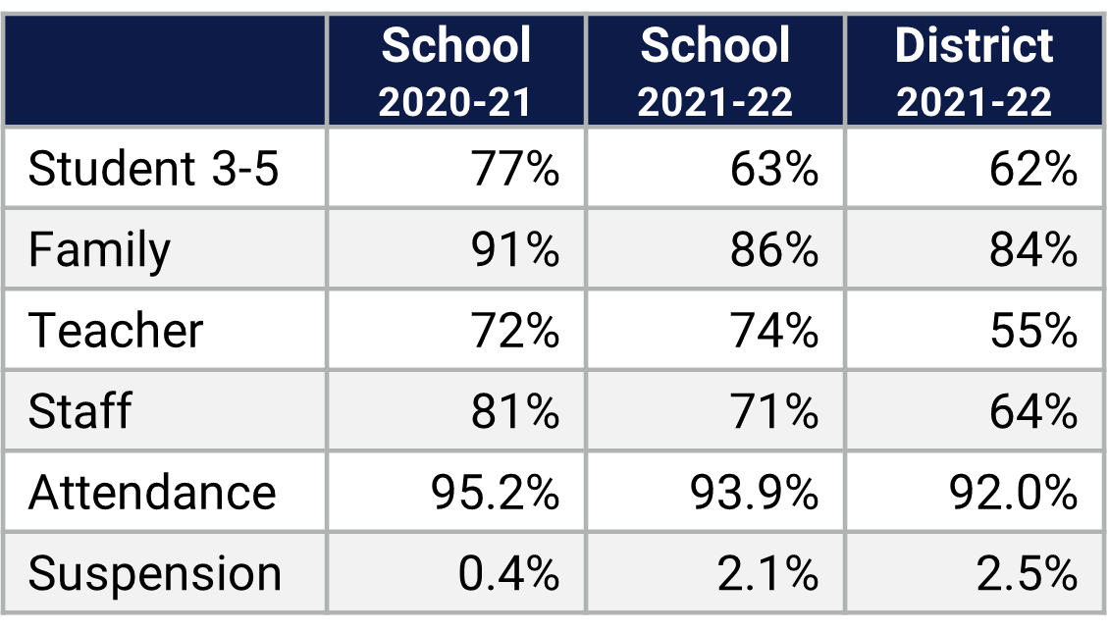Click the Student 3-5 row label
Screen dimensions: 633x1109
(x=154, y=169)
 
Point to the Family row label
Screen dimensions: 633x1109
(x=99, y=249)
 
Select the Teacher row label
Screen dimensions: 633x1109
(x=116, y=331)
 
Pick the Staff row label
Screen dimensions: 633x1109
(x=79, y=410)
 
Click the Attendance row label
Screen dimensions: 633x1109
(x=152, y=492)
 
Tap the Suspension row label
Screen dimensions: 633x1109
(x=155, y=573)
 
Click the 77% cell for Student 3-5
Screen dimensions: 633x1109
(x=514, y=169)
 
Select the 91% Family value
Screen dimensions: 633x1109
(x=514, y=249)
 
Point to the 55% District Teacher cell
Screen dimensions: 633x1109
(x=1032, y=331)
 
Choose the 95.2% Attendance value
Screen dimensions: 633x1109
(x=495, y=492)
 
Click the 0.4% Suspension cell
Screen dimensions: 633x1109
(x=508, y=573)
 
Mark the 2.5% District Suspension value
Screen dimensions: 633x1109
(x=1028, y=573)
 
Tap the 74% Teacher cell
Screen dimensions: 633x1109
(x=773, y=331)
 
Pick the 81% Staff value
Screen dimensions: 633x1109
(x=514, y=410)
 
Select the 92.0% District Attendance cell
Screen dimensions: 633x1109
(x=1013, y=492)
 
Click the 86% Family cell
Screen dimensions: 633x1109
(x=773, y=249)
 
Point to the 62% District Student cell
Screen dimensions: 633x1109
(x=1032, y=169)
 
